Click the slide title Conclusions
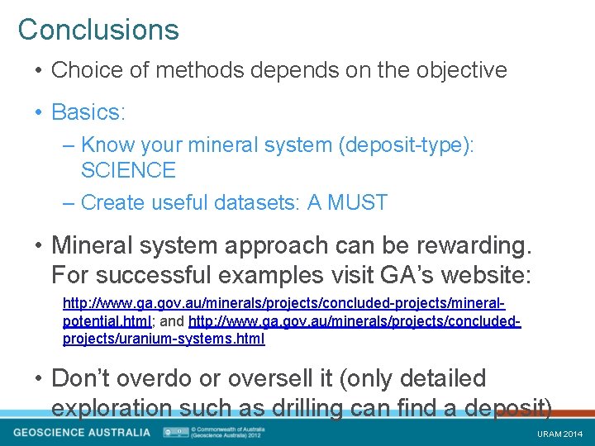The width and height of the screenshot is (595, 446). point(98,30)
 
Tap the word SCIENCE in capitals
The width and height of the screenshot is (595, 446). point(128,171)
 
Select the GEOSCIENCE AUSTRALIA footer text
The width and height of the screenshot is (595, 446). point(82,432)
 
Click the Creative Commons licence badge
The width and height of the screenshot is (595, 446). point(174,432)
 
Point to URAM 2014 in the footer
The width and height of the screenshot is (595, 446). point(559,434)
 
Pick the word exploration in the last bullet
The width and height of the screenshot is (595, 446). point(117,407)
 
